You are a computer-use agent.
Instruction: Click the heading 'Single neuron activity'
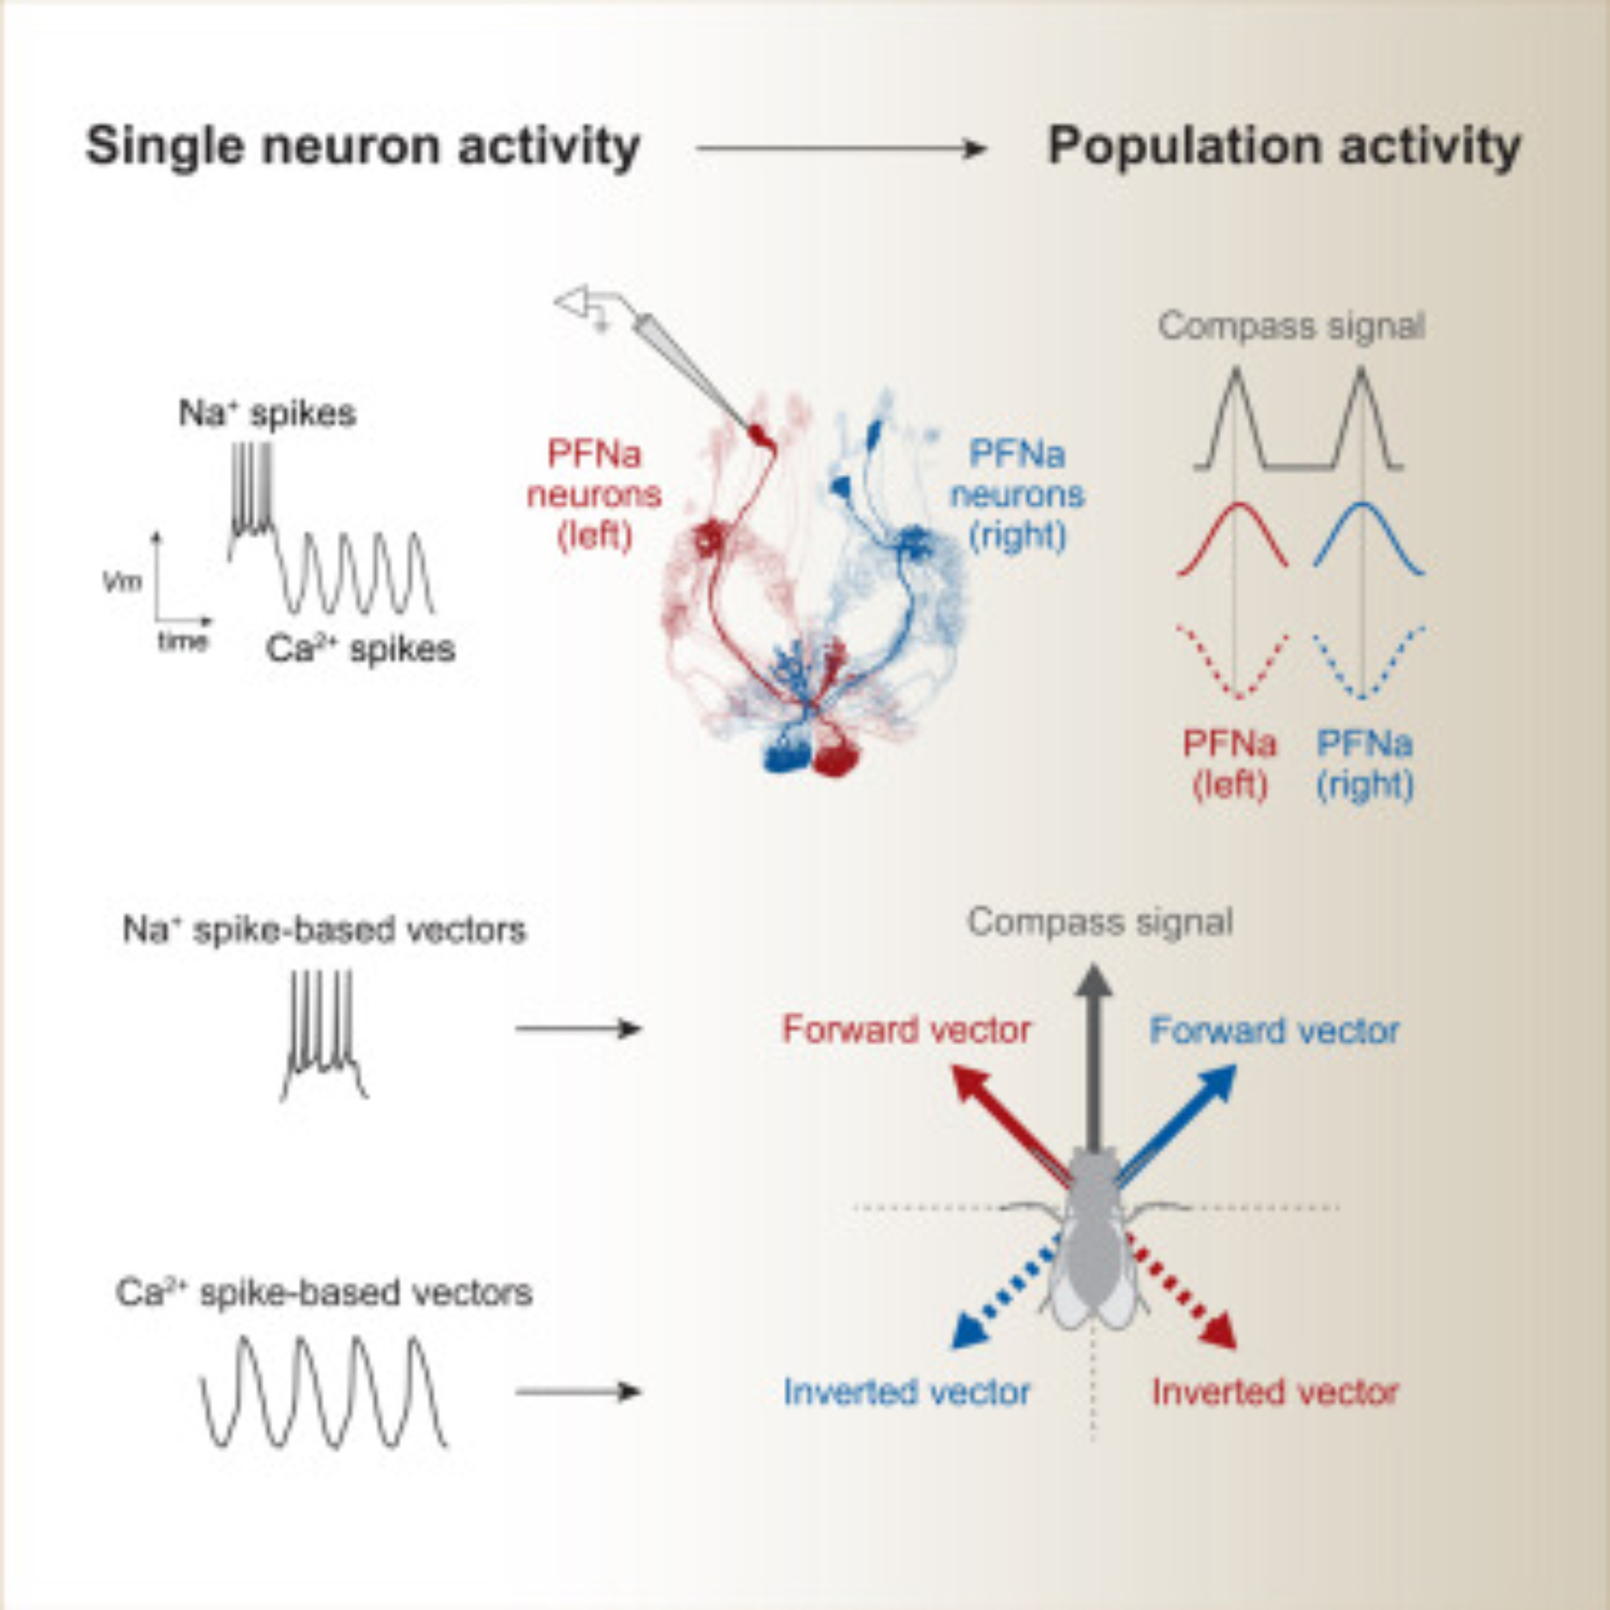[x=362, y=147]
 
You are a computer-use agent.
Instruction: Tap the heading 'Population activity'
[x=1283, y=147]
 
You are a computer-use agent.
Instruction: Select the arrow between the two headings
[x=842, y=149]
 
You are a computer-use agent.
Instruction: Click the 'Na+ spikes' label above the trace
[x=267, y=413]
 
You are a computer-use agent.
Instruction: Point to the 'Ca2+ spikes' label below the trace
[x=360, y=649]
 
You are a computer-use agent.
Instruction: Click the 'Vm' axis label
[x=122, y=581]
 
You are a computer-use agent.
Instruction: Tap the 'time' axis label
[x=183, y=641]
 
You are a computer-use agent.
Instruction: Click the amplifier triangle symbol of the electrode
[x=574, y=303]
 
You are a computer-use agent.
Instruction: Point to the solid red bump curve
[x=1232, y=534]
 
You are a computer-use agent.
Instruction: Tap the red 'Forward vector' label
[x=906, y=1031]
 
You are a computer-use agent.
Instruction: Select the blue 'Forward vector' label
[x=1274, y=1031]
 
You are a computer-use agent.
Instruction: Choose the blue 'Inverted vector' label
[x=906, y=1392]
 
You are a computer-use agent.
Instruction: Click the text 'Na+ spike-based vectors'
[x=324, y=930]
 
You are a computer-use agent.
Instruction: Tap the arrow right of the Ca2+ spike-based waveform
[x=578, y=1391]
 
